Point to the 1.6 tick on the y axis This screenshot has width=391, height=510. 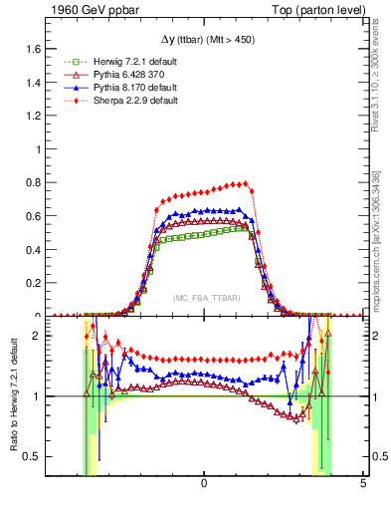pos(34,49)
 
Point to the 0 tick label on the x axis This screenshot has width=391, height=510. pos(204,484)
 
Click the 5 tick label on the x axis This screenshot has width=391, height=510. pos(362,484)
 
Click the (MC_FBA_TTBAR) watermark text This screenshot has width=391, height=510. pos(204,300)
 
